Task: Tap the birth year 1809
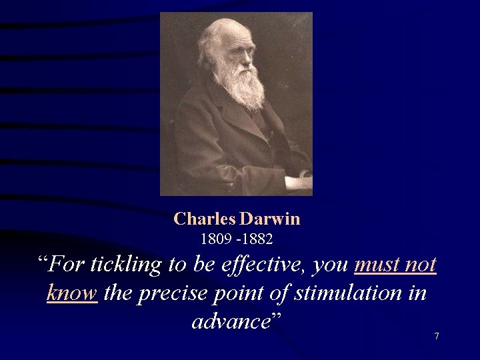[x=214, y=237]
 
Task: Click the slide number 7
[x=437, y=336]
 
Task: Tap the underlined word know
[x=72, y=293]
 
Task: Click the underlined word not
[x=422, y=265]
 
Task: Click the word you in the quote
[x=331, y=265]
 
